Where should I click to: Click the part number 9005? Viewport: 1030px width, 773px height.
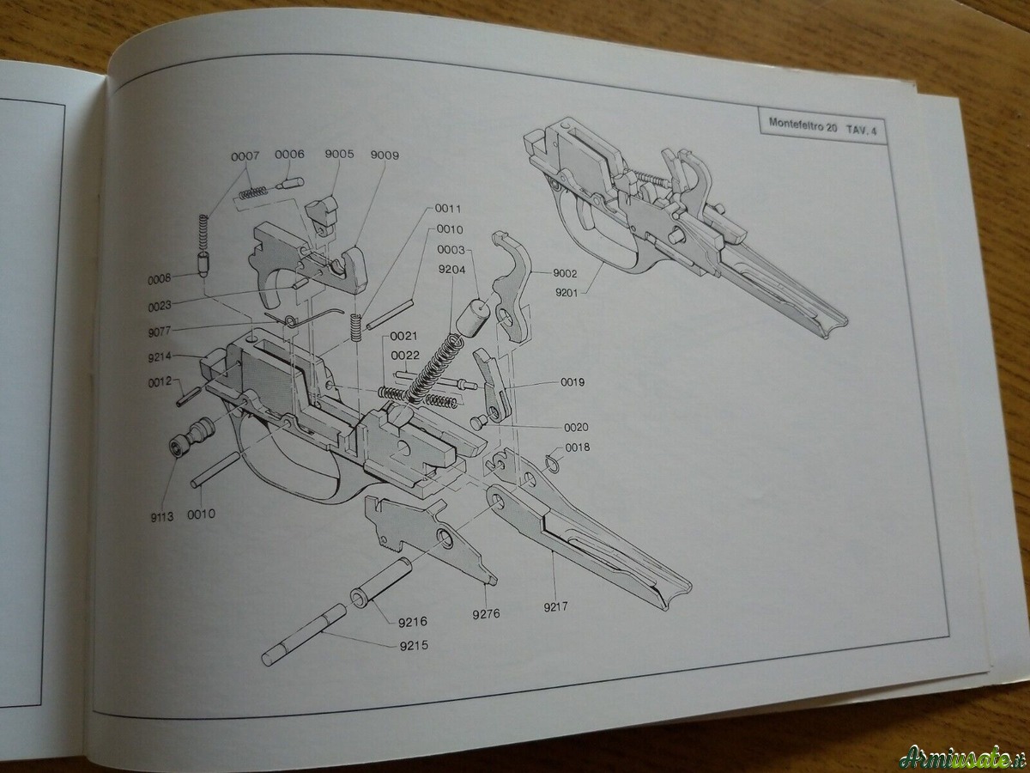340,155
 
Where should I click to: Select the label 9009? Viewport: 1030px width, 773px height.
384,155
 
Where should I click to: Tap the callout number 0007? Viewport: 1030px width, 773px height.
245,155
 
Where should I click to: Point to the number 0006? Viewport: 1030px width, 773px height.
289,155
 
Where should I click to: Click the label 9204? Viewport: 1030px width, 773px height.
451,269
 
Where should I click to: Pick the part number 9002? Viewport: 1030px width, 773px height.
566,273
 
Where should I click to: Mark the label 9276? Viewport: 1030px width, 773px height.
487,614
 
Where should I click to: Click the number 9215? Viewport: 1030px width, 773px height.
415,645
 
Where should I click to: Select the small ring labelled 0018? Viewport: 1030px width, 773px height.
553,464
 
